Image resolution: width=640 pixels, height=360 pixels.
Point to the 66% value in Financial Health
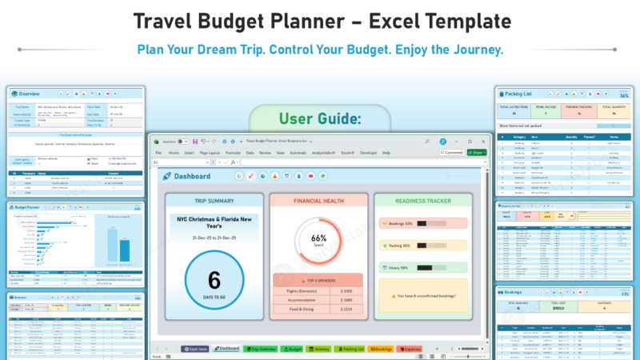pyautogui.click(x=319, y=238)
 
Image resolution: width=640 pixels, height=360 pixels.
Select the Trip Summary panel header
pyautogui.click(x=214, y=201)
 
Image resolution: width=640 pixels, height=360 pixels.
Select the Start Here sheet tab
pyautogui.click(x=195, y=349)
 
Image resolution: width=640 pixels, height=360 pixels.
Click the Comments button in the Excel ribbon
pyautogui.click(x=452, y=152)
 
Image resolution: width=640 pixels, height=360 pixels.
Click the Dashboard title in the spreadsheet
pyautogui.click(x=192, y=176)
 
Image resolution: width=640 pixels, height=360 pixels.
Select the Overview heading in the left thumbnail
pyautogui.click(x=29, y=93)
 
